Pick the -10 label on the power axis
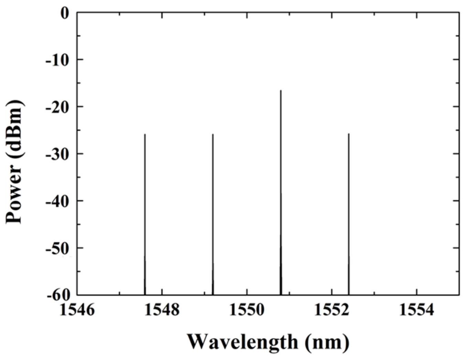coord(57,60)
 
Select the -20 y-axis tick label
coord(57,107)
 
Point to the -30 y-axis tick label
coord(57,154)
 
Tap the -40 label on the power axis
coord(57,201)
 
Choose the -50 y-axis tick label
coord(57,248)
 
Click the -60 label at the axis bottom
coord(57,295)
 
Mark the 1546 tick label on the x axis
coord(77,310)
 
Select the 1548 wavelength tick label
coord(162,310)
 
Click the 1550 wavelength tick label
coord(247,310)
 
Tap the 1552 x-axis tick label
coord(332,310)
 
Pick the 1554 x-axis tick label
coord(416,310)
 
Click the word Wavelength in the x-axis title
coord(242,342)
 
